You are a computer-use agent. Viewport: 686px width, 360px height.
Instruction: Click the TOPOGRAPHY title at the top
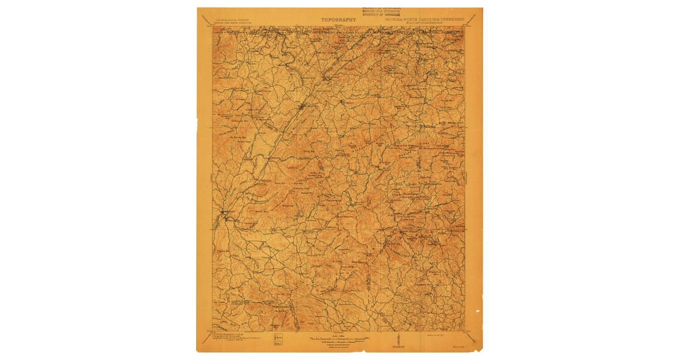tap(338, 19)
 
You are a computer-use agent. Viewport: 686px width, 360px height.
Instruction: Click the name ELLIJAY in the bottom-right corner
tap(456, 345)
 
